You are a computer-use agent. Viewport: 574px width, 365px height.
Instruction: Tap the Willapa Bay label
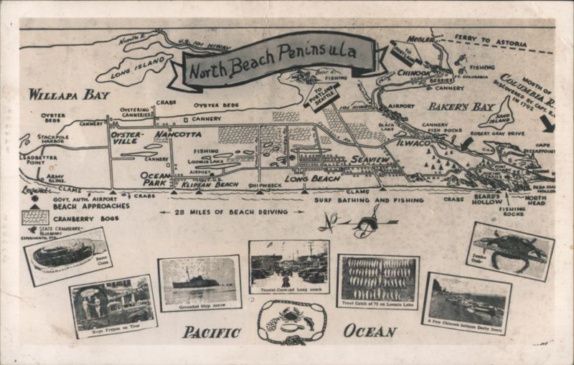pos(69,94)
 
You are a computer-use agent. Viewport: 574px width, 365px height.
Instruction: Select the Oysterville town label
pos(127,137)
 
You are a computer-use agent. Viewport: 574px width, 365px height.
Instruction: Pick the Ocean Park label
pos(156,179)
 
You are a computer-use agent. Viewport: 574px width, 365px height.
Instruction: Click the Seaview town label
pos(370,159)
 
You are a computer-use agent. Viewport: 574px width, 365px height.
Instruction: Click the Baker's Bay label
pos(453,107)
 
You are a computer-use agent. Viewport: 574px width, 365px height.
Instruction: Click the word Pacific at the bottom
pos(212,331)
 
